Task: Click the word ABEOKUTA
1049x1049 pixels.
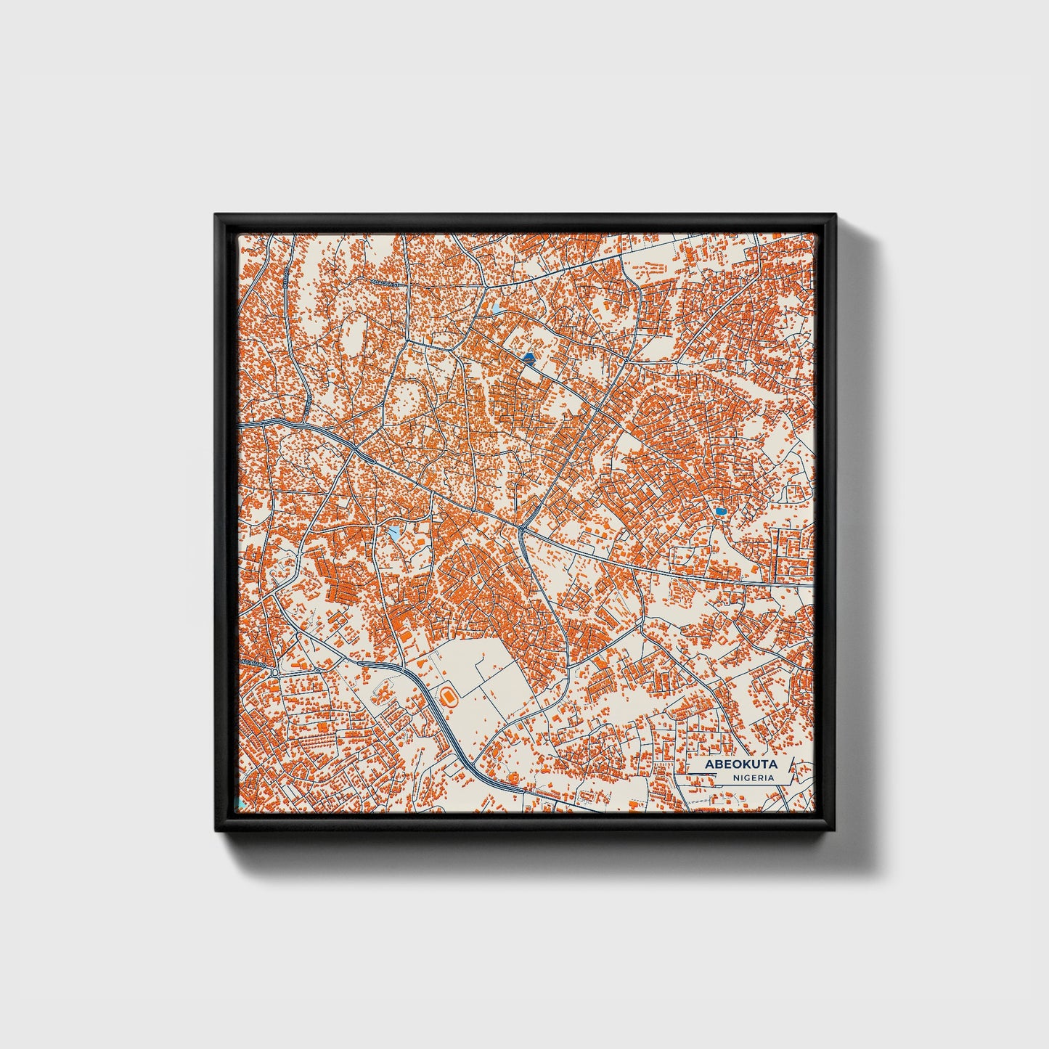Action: (x=740, y=764)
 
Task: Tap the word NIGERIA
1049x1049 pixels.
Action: (x=753, y=777)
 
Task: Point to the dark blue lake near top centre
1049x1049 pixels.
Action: (x=528, y=358)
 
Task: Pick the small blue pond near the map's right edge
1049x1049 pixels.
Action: (x=720, y=512)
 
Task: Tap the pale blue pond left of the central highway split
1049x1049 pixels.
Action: (x=393, y=534)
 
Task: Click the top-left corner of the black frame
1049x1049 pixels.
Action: (x=216, y=215)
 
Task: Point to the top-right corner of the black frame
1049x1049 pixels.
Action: (x=835, y=215)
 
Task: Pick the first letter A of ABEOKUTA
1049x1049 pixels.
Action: (x=709, y=764)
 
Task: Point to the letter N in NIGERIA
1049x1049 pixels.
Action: (x=735, y=777)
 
